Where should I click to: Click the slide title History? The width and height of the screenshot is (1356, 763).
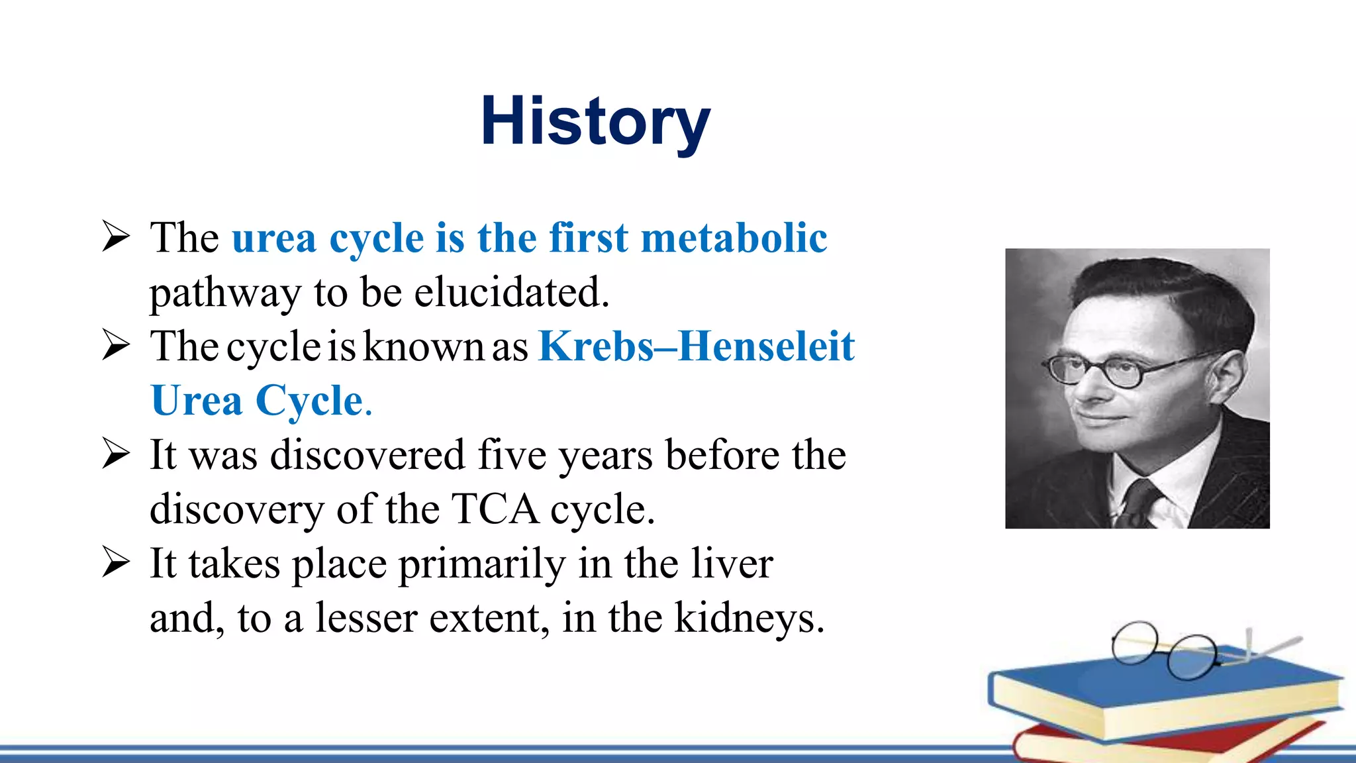pyautogui.click(x=595, y=121)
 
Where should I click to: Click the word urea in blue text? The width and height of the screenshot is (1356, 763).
pyautogui.click(x=273, y=238)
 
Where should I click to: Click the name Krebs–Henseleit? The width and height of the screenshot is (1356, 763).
pyautogui.click(x=697, y=346)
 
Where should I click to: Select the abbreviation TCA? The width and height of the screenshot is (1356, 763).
pyautogui.click(x=495, y=509)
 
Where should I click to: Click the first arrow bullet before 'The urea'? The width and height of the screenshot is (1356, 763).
pyautogui.click(x=116, y=237)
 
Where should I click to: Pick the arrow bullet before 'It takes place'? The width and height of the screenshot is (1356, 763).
pyautogui.click(x=116, y=563)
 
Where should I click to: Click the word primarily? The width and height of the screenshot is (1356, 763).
pyautogui.click(x=481, y=564)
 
